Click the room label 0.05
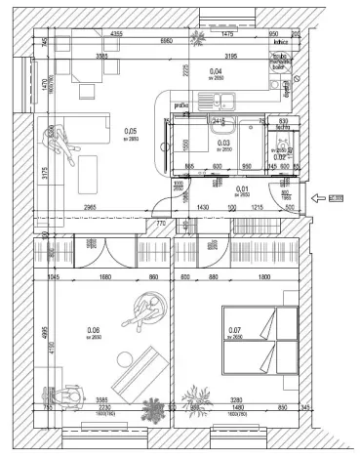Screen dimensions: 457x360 (x=131, y=130)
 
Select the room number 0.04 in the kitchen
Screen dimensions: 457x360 (x=217, y=71)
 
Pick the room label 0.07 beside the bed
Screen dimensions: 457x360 (x=233, y=330)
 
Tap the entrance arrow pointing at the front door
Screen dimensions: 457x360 (x=318, y=200)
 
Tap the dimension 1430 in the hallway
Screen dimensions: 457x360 (x=205, y=209)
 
